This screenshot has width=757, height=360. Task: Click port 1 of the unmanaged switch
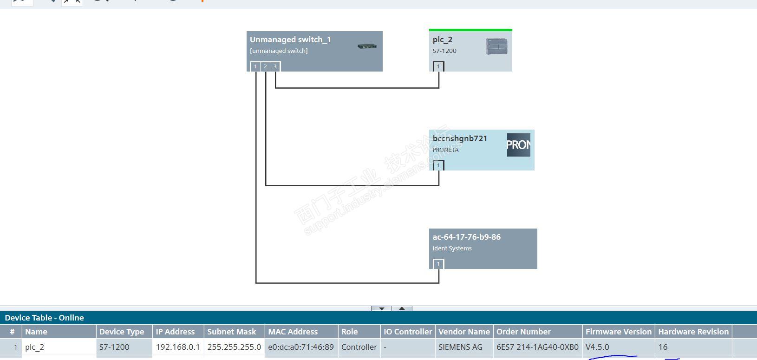(x=255, y=66)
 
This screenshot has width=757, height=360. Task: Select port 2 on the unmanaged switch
(x=265, y=66)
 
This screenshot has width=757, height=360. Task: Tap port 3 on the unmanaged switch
(x=275, y=66)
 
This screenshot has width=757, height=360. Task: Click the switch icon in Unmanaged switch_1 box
(x=367, y=46)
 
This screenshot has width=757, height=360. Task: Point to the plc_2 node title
(x=443, y=40)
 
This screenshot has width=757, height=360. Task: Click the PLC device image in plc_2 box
(x=496, y=46)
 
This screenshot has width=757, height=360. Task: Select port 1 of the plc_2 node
(x=438, y=66)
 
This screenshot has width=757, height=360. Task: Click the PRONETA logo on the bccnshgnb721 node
(x=518, y=145)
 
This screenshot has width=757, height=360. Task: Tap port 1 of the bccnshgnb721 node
(x=438, y=165)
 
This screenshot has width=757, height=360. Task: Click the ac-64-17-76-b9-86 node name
(x=466, y=237)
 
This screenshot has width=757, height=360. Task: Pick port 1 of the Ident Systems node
(x=438, y=264)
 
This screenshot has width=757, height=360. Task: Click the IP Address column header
(x=175, y=332)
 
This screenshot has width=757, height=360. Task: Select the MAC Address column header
(x=293, y=332)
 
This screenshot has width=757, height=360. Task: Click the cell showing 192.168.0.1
(x=178, y=347)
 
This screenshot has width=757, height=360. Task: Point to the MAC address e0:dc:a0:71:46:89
(x=301, y=347)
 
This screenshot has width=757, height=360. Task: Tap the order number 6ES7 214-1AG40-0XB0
(x=537, y=347)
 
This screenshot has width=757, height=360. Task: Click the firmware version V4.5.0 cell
(x=597, y=347)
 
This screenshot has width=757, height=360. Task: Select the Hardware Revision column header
(x=693, y=332)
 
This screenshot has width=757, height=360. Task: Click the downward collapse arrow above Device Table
(x=381, y=308)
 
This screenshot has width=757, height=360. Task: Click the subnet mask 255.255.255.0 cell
(x=234, y=347)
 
